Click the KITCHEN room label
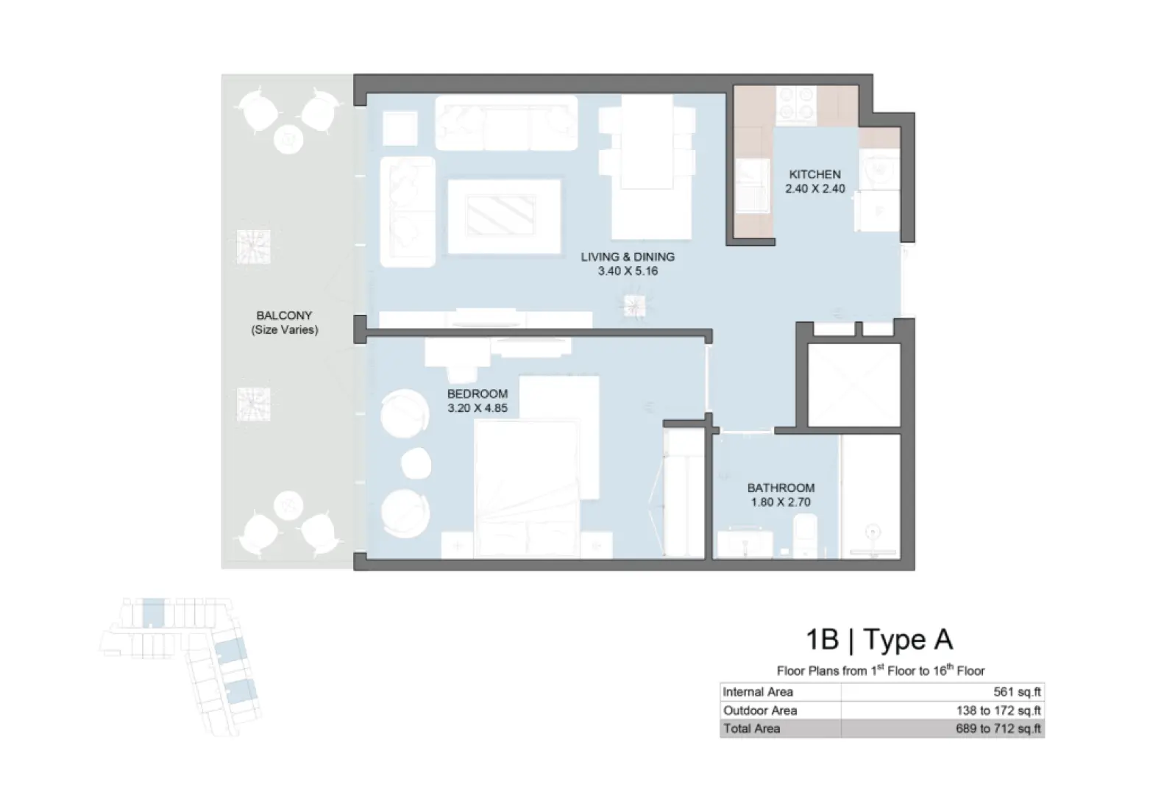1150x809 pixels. coord(814,175)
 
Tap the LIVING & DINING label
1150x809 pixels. coord(627,257)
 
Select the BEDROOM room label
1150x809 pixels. coord(477,394)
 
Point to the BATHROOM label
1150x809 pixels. coord(781,488)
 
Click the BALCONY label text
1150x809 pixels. coord(284,316)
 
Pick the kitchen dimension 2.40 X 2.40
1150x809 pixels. coord(814,189)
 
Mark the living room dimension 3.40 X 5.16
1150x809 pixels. coord(627,271)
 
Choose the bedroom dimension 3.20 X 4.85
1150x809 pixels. coord(477,408)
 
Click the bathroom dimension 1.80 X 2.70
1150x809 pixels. coord(781,502)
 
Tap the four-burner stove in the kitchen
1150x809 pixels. coord(797,104)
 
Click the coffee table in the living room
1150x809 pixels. coord(504,215)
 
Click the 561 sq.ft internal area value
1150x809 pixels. coord(1017,692)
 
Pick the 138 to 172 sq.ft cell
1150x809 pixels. coord(998,710)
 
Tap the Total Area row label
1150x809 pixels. coord(751,729)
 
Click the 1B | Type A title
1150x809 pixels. coord(879,640)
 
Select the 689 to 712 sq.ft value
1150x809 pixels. coord(998,729)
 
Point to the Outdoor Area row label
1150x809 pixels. coord(759,710)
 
